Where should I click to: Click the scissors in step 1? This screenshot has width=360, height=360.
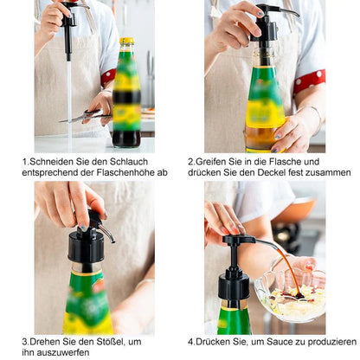click(86, 116)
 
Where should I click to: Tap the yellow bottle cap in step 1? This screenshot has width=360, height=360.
click(127, 41)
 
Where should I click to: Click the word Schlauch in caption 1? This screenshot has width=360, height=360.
click(129, 162)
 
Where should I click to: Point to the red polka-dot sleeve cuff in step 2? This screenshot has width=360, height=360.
click(309, 80)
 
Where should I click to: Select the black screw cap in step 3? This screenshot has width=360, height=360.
click(86, 247)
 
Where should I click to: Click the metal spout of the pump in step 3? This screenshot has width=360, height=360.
click(108, 233)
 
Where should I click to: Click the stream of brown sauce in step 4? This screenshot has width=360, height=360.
click(289, 270)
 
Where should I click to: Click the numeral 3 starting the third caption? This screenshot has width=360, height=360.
click(24, 342)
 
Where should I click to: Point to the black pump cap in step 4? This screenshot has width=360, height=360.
click(234, 286)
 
